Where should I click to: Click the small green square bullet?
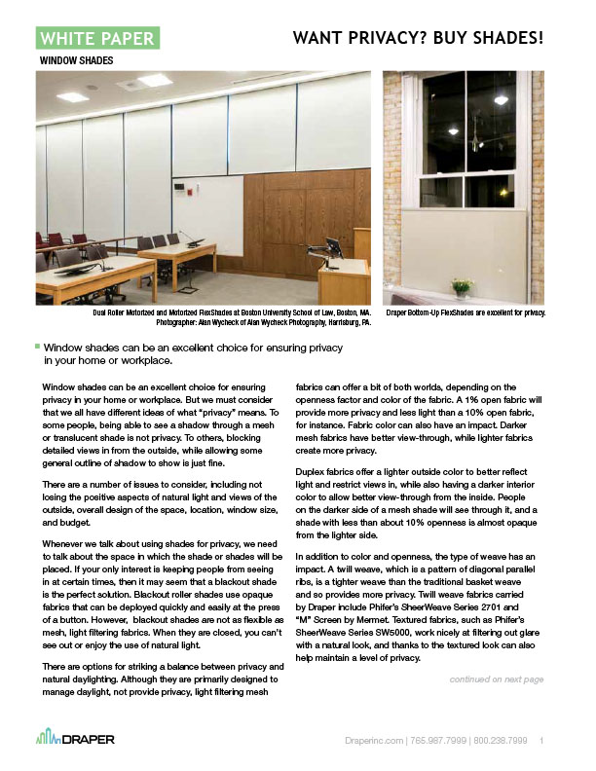point(36,346)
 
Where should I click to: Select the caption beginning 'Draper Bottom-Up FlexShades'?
point(466,313)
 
